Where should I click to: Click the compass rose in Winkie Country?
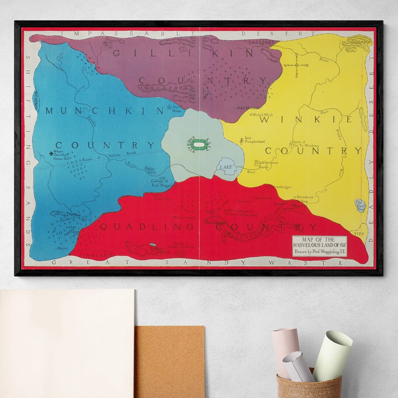click(x=296, y=66)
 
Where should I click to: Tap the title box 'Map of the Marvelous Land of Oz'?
click(x=320, y=246)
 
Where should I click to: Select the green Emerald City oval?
click(x=199, y=145)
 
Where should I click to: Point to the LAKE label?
click(x=226, y=167)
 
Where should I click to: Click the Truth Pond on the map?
click(x=360, y=205)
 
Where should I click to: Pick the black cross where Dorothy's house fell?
click(x=51, y=154)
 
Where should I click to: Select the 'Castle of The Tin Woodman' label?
click(x=305, y=144)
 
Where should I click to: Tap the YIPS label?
click(x=358, y=234)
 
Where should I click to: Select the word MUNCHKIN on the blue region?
click(x=104, y=111)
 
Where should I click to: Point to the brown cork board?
click(x=170, y=361)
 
